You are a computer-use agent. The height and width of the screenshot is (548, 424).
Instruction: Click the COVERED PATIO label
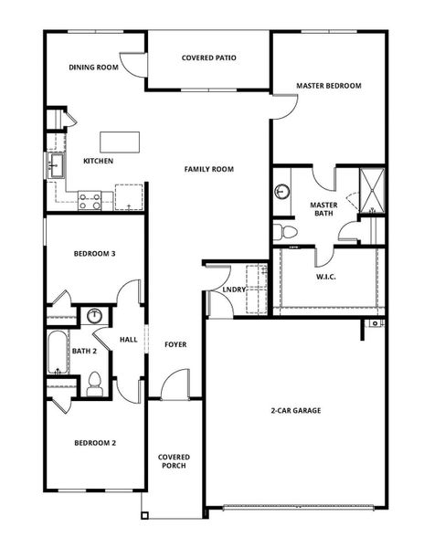pyautogui.click(x=208, y=58)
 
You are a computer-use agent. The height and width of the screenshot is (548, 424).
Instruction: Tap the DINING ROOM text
pyautogui.click(x=94, y=67)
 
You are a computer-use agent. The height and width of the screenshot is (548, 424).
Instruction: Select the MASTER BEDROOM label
pyautogui.click(x=329, y=86)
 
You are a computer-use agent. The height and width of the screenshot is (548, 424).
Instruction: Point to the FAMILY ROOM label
pyautogui.click(x=208, y=169)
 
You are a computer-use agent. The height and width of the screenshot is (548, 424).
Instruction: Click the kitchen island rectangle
pyautogui.click(x=120, y=142)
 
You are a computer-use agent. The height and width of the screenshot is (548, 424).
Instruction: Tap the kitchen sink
pyautogui.click(x=55, y=166)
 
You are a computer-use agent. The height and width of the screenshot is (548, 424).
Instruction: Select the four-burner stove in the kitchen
pyautogui.click(x=90, y=200)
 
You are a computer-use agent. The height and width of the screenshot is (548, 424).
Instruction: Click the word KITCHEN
pyautogui.click(x=98, y=162)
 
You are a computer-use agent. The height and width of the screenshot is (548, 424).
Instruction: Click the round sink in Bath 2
pyautogui.click(x=94, y=317)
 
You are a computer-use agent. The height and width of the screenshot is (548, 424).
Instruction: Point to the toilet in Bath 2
pyautogui.click(x=93, y=385)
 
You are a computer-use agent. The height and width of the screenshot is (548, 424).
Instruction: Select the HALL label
pyautogui.click(x=128, y=340)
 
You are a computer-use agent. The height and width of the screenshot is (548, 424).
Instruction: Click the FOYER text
pyautogui.click(x=175, y=344)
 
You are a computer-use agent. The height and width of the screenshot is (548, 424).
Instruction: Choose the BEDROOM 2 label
pyautogui.click(x=94, y=443)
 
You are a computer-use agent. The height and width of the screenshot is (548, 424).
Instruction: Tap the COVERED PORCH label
pyautogui.click(x=173, y=460)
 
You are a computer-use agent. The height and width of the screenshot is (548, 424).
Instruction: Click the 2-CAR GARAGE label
pyautogui.click(x=294, y=410)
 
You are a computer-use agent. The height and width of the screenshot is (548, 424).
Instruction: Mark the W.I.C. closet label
pyautogui.click(x=328, y=277)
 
